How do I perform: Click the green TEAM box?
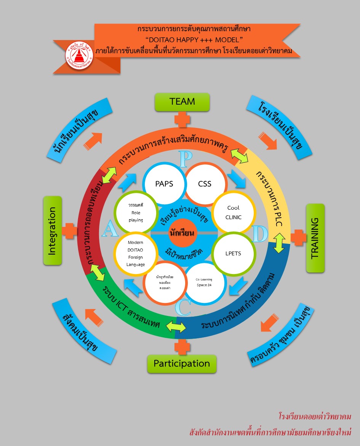tap(182, 102)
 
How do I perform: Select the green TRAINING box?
tap(315, 238)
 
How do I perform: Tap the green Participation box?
tap(182, 363)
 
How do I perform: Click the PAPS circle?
tap(164, 184)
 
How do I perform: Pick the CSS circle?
tap(205, 184)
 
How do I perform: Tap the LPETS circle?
tap(233, 253)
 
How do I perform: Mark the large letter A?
tap(109, 229)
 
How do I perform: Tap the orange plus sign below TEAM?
tap(182, 119)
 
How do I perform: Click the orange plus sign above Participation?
tap(182, 347)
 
